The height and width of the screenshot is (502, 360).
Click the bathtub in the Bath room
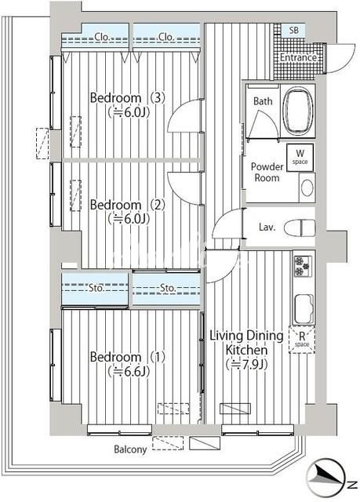point(298,111)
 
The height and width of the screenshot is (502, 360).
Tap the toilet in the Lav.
point(300,228)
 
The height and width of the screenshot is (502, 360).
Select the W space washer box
point(300,157)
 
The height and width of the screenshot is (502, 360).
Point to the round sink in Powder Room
point(307,187)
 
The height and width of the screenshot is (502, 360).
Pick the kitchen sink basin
point(304,309)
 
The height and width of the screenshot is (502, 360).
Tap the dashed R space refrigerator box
point(302,340)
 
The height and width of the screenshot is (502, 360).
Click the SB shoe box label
point(294,30)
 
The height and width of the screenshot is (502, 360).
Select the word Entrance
point(298,57)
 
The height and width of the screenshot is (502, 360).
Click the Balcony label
point(130,449)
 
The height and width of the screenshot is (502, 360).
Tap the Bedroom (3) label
point(127,97)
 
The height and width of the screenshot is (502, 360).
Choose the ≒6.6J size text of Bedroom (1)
point(129,371)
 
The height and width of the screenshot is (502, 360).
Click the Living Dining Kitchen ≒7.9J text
point(246,350)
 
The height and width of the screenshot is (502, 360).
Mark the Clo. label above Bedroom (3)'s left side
point(102,37)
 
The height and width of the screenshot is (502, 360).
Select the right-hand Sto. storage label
point(168,288)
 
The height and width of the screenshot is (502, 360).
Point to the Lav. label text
point(267,227)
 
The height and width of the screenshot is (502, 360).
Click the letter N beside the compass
point(352,485)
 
